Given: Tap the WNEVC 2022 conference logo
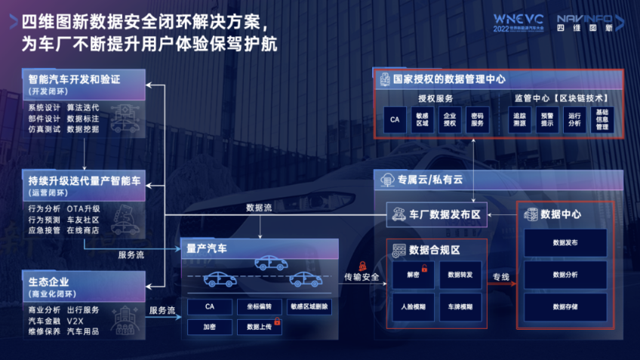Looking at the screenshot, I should coord(520,23).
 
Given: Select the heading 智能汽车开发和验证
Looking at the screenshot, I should coord(74,78).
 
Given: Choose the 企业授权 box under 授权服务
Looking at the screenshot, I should coord(450,120).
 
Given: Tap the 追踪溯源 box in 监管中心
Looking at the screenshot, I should coord(519,120).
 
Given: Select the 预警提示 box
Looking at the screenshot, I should coord(546,120).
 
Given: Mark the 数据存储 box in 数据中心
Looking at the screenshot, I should coord(565,307).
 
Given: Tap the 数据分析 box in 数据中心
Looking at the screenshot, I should coord(565,275).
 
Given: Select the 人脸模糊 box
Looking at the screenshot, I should coord(413,307).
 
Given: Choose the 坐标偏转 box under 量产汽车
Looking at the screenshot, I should coord(258,306).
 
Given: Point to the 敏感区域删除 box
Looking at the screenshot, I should coord(309,306).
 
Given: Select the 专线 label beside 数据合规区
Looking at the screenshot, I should coord(501,276).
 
